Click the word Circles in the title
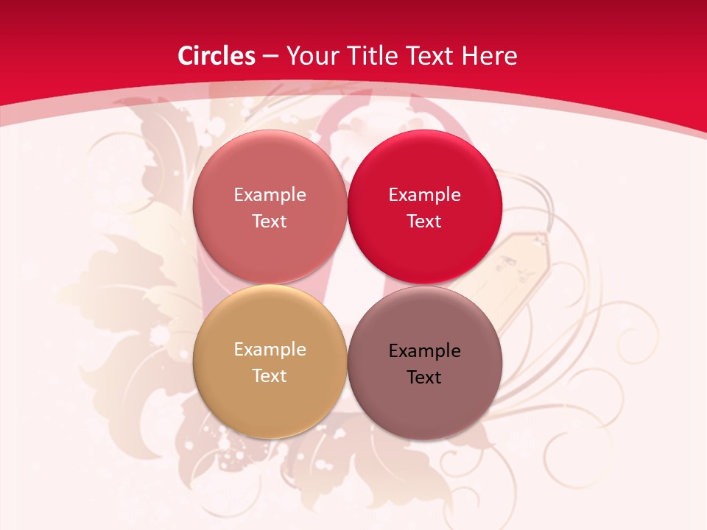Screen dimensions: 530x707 tap(216, 56)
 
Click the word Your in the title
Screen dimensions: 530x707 tap(312, 56)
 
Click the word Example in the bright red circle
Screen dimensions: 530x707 tap(424, 195)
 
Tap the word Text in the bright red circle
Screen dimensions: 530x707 tap(424, 222)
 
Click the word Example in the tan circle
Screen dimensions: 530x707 tap(270, 350)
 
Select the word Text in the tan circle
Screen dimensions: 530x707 tap(270, 376)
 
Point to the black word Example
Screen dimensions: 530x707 tap(424, 351)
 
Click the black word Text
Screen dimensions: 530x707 tap(424, 378)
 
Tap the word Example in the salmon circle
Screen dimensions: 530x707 tap(270, 195)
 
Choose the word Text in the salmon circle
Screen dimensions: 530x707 tap(270, 222)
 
